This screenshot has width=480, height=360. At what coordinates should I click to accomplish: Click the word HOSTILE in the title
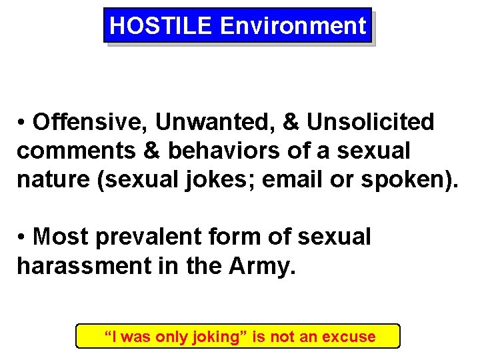pos(160,26)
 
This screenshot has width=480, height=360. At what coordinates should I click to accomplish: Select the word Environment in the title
pos(293,26)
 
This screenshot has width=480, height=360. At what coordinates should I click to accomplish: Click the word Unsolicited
pos(370,122)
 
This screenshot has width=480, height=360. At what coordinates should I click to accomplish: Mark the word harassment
pos(82,266)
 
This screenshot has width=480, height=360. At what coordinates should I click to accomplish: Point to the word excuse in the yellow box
pos(349,337)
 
